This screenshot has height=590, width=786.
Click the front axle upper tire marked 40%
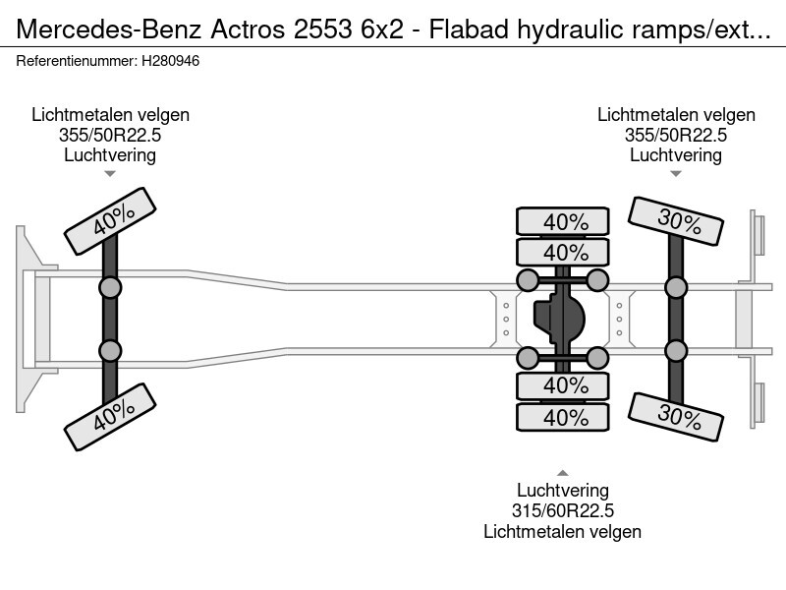click(x=111, y=220)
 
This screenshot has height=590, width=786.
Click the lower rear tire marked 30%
click(x=677, y=416)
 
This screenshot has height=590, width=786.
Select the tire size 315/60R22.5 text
click(x=562, y=510)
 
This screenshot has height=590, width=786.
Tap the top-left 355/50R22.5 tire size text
click(x=110, y=135)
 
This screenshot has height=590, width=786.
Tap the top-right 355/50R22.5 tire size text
click(x=676, y=135)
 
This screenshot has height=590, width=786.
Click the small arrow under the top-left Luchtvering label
click(x=110, y=173)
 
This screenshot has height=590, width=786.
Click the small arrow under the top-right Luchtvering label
click(x=676, y=173)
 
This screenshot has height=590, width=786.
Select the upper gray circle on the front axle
click(x=110, y=287)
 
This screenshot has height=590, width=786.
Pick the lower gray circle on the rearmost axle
click(x=676, y=350)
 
